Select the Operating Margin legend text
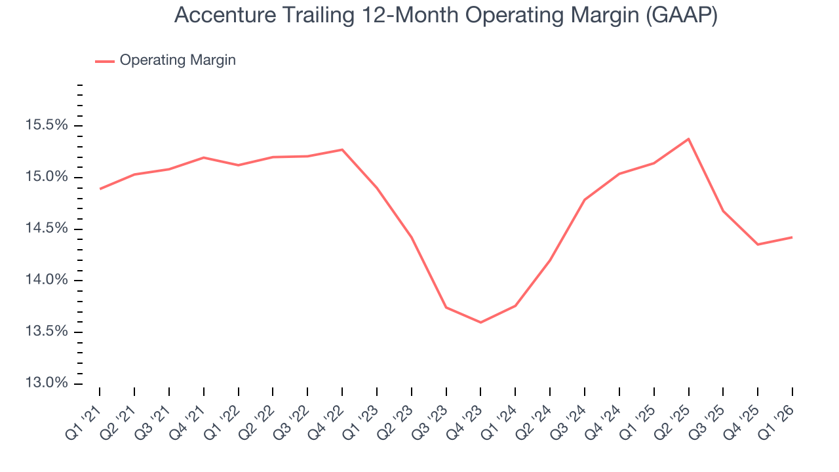click(178, 60)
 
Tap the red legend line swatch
click(105, 61)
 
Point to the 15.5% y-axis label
click(48, 125)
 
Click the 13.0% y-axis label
click(48, 383)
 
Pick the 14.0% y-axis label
click(48, 280)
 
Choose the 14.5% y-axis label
click(48, 229)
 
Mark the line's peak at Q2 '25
click(688, 139)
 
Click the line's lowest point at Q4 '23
click(480, 323)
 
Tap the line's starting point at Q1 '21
click(100, 189)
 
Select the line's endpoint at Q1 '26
click(792, 237)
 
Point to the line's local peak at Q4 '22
click(342, 149)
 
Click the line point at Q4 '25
click(758, 245)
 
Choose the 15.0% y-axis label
click(48, 177)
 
